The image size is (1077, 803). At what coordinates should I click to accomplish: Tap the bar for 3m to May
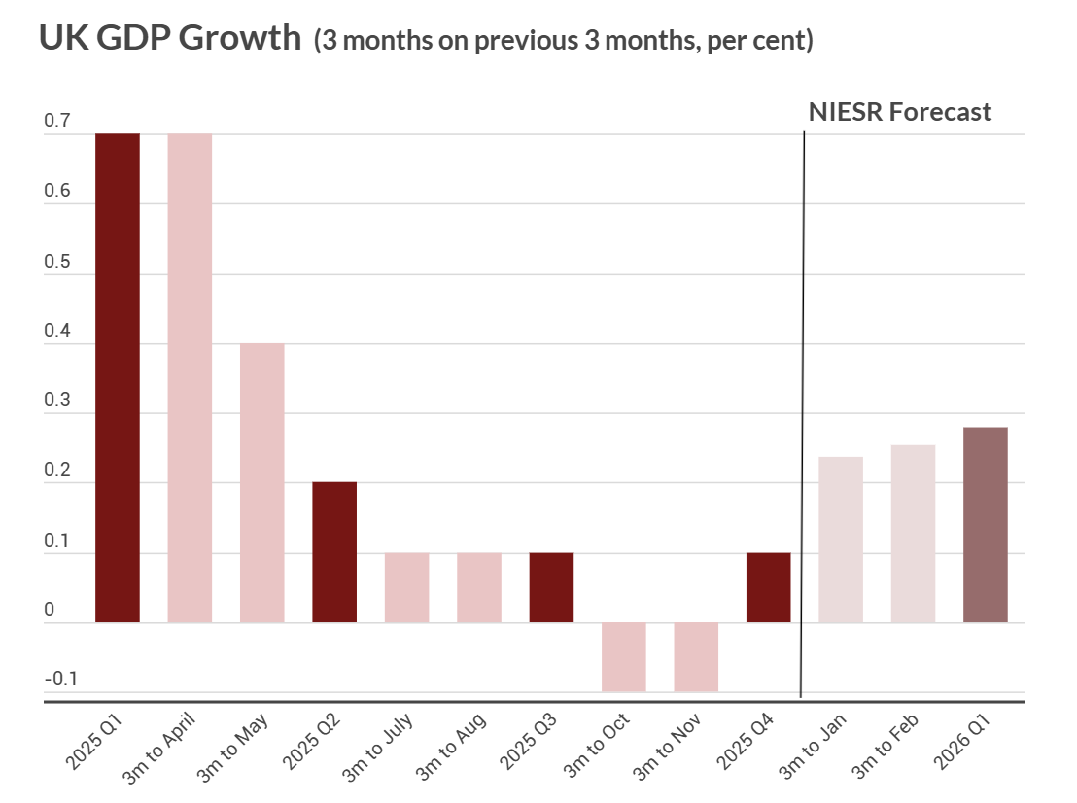[x=262, y=482]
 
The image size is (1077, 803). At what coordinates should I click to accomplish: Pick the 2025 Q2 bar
[x=334, y=551]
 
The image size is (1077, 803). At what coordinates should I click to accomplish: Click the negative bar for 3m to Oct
[x=624, y=657]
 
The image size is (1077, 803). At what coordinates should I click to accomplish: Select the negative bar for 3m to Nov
[x=696, y=657]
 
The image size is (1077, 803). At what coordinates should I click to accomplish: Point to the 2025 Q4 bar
[x=768, y=587]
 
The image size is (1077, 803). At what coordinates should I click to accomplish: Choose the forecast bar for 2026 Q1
[x=986, y=525]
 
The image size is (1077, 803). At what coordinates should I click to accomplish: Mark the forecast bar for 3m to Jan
[x=841, y=540]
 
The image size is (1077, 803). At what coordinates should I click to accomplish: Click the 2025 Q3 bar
[x=551, y=587]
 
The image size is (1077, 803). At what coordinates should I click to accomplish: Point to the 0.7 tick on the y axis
[x=57, y=122]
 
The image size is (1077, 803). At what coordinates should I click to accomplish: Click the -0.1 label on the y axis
[x=60, y=679]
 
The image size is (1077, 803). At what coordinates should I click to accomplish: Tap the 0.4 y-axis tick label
[x=57, y=332]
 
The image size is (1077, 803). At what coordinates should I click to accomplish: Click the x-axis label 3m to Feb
[x=886, y=745]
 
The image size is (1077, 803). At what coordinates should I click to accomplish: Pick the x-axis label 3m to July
[x=379, y=745]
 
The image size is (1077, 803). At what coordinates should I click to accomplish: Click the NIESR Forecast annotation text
[x=900, y=112]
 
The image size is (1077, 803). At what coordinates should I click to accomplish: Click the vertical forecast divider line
[x=803, y=408]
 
